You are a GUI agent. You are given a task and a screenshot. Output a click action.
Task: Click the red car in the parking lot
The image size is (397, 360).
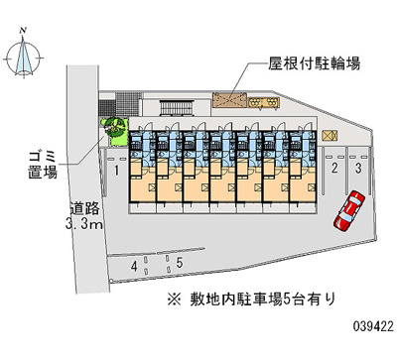tap(349, 208)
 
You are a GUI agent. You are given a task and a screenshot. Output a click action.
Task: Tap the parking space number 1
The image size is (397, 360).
tap(117, 172)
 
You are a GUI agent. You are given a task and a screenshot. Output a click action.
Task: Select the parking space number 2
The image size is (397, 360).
tap(334, 170)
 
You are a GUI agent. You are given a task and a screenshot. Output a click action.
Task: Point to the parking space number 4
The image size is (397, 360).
tap(134, 265)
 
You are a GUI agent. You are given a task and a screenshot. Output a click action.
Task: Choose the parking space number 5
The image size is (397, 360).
tap(180, 263)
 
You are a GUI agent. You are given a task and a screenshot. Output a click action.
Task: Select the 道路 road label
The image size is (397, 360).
tap(83, 209)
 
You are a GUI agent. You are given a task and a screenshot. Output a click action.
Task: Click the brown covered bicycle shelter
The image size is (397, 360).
tap(228, 100)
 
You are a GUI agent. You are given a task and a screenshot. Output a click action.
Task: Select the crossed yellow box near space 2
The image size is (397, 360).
tap(330, 132)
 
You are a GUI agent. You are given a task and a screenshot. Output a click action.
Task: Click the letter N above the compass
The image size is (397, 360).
tap(23, 33)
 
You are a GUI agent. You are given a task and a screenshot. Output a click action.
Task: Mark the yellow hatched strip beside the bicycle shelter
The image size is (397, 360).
tap(263, 99)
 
